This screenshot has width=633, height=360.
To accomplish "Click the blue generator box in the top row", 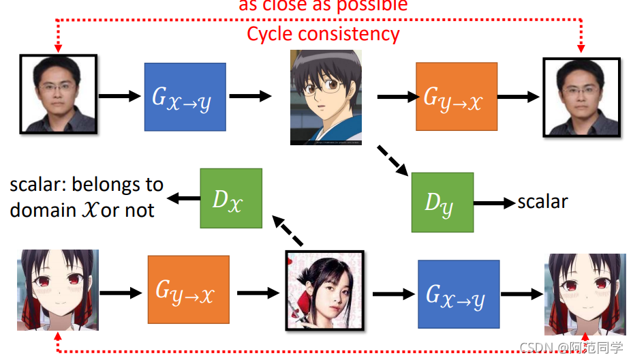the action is [185, 97].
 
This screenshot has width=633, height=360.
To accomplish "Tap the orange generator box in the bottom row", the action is [189, 290].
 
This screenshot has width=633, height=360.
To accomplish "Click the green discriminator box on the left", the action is [230, 198].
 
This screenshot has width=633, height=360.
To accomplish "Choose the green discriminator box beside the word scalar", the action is [442, 202].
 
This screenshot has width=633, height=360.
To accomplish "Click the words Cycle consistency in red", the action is [323, 33].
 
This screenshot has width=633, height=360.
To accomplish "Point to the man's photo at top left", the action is [59, 94].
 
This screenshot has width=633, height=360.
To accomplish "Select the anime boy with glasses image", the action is [325, 97].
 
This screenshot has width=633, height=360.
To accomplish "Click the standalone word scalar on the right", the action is [542, 202].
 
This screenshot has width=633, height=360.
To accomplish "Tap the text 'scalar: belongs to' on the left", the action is [87, 185].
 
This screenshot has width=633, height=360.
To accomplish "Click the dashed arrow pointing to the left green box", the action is [288, 230].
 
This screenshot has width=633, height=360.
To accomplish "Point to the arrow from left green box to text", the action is [182, 198].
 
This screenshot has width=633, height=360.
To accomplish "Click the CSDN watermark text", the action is [571, 348].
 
